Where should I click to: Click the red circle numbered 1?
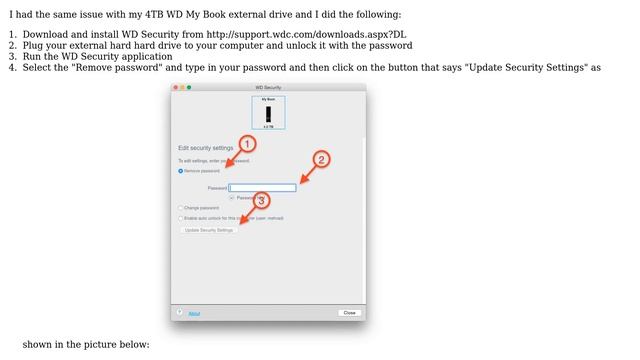[x=248, y=144]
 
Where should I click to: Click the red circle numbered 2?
[x=321, y=159]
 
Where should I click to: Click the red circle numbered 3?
[x=262, y=200]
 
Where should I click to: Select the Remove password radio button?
[x=180, y=170]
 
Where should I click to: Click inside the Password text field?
[x=263, y=187]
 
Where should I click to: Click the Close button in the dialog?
[x=349, y=313]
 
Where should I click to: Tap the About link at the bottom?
[x=194, y=313]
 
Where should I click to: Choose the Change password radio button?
[x=180, y=208]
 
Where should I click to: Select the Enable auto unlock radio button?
[x=180, y=217]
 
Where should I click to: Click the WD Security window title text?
[x=268, y=88]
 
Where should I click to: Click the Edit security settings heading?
[x=205, y=148]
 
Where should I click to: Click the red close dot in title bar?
[x=175, y=88]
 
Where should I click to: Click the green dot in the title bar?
[x=188, y=88]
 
